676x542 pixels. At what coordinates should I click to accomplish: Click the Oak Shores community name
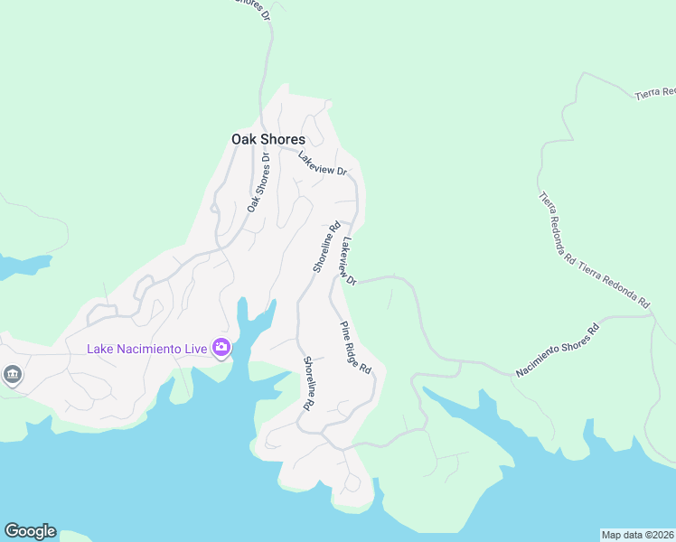tap(268, 139)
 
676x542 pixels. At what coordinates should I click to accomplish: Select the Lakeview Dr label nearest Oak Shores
tap(323, 164)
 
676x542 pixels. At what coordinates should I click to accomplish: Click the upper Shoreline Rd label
tap(325, 247)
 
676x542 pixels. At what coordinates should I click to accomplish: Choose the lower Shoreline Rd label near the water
tap(307, 383)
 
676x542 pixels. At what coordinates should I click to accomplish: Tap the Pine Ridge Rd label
tap(356, 348)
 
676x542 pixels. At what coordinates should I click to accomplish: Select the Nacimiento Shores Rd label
tap(558, 350)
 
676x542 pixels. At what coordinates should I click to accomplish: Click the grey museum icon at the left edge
tap(12, 374)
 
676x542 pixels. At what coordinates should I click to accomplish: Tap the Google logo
tap(30, 531)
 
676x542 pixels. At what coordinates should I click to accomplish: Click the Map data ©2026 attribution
tap(637, 534)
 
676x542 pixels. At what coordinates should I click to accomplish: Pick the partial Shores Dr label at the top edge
tap(254, 8)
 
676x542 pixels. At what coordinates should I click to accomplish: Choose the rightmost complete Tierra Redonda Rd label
tap(615, 284)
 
